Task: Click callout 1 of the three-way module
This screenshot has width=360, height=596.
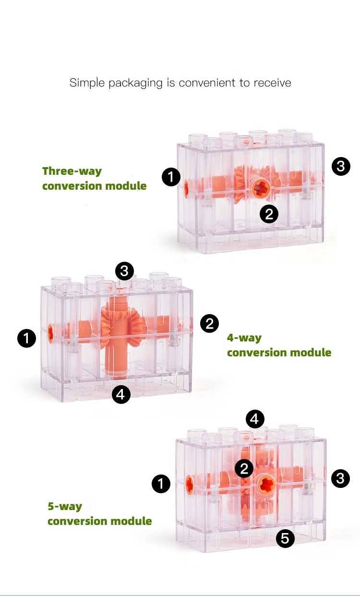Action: coord(171,177)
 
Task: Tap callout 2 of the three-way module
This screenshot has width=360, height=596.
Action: coord(269,214)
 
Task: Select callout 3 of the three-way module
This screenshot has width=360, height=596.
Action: coord(341,166)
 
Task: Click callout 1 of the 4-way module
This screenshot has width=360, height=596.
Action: coord(26,338)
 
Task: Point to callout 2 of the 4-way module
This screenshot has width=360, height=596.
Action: coord(209,324)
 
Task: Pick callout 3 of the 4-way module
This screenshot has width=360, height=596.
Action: coord(124,271)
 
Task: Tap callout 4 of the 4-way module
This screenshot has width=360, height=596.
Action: coord(121,394)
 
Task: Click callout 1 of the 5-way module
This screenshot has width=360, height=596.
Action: coord(161,484)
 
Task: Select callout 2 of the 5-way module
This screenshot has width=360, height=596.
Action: coord(244,468)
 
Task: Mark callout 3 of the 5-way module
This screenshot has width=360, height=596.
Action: coord(340,478)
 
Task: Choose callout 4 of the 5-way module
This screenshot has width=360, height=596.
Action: coord(255,419)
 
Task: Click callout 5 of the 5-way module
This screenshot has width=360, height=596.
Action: coord(285,538)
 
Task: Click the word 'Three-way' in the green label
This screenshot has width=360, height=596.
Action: coord(72,171)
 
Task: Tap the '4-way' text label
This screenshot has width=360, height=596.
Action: coord(244,338)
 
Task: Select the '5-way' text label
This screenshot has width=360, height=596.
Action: coord(65,506)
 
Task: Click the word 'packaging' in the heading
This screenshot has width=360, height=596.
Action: coord(135,83)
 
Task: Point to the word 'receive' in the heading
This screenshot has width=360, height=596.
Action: coord(272,83)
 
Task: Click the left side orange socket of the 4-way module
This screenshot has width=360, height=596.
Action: coord(50,333)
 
